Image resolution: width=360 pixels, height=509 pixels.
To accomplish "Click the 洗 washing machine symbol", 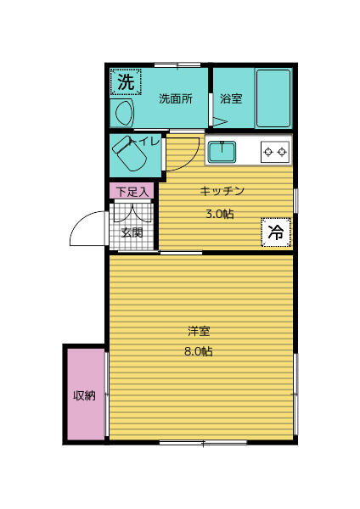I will pyautogui.click(x=125, y=82).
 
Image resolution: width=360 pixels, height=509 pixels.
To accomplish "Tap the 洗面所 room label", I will pyautogui.click(x=176, y=98).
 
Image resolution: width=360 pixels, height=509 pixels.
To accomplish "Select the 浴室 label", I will pyautogui.click(x=231, y=98).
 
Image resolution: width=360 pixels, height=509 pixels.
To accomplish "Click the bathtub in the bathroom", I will pyautogui.click(x=273, y=98).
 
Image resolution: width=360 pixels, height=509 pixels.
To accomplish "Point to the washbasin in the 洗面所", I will pyautogui.click(x=121, y=112).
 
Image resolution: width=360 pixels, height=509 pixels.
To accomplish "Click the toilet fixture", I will pyautogui.click(x=131, y=153).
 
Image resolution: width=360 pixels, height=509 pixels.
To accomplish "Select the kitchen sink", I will pyautogui.click(x=222, y=152).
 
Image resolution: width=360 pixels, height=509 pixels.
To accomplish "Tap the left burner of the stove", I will pyautogui.click(x=268, y=152).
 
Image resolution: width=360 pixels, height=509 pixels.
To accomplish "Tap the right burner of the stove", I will pyautogui.click(x=283, y=152).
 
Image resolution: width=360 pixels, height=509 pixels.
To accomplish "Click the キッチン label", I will pyautogui.click(x=222, y=190).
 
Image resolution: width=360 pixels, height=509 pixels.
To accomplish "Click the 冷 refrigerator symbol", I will pyautogui.click(x=276, y=231).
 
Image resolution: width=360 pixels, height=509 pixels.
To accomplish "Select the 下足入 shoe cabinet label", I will pyautogui.click(x=132, y=192).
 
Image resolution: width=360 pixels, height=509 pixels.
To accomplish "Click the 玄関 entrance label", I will pyautogui.click(x=132, y=232).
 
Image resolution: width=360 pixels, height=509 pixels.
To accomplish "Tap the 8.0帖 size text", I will pyautogui.click(x=200, y=350).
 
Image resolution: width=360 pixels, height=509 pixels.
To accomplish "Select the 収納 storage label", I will pyautogui.click(x=84, y=395).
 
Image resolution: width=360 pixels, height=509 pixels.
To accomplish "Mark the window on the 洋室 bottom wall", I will pyautogui.click(x=203, y=442).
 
